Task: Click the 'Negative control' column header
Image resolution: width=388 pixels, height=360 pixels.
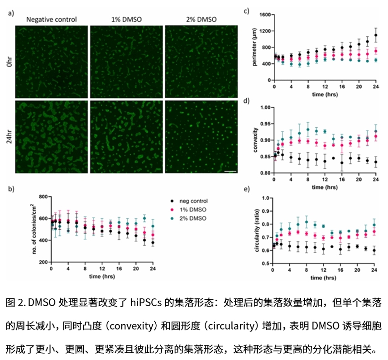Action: [52, 19]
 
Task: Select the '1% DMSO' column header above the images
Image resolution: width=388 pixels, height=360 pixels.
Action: [125, 19]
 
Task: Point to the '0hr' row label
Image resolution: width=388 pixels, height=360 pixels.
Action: [10, 61]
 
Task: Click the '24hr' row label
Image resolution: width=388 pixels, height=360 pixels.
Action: [10, 135]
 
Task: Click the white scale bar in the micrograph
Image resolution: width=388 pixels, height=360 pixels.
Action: [230, 171]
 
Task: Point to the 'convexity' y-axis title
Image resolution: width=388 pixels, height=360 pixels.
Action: [255, 141]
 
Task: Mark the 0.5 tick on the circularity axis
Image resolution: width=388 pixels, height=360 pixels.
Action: [266, 263]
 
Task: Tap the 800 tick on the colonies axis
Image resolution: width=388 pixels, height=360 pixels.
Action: [43, 197]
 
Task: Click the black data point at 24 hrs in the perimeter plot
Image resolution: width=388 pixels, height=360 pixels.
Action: [376, 35]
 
